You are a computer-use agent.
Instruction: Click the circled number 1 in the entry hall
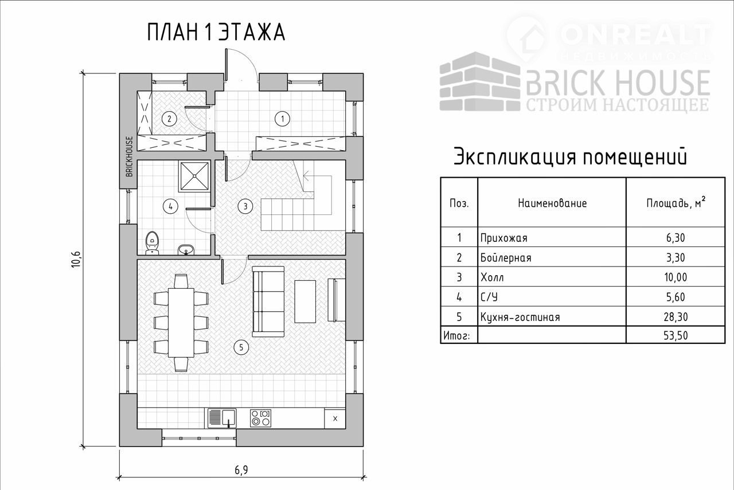click(x=282, y=119)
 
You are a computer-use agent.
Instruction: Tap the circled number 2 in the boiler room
click(x=169, y=119)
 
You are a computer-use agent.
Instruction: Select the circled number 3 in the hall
click(x=245, y=206)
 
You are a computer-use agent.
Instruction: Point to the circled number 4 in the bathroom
click(x=170, y=206)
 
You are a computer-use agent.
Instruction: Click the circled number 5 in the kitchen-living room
click(x=241, y=347)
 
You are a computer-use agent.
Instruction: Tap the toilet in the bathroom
click(x=152, y=243)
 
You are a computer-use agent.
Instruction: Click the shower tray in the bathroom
click(x=194, y=176)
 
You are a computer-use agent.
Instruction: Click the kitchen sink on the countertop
click(x=222, y=418)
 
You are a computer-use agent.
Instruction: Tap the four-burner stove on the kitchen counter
click(x=260, y=418)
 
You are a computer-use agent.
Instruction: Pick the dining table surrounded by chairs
click(x=181, y=323)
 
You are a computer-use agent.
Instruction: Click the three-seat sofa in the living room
click(x=268, y=301)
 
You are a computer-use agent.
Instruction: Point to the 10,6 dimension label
click(x=77, y=260)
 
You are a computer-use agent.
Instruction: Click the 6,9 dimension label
click(x=241, y=471)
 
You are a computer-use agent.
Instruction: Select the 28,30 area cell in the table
click(x=675, y=317)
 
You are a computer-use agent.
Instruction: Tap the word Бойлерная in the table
click(x=506, y=258)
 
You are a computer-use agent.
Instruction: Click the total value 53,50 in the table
click(x=675, y=336)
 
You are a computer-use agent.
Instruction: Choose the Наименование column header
click(x=552, y=203)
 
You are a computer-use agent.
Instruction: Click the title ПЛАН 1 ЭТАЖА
click(x=216, y=33)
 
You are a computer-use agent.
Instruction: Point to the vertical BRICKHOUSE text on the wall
click(x=130, y=156)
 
